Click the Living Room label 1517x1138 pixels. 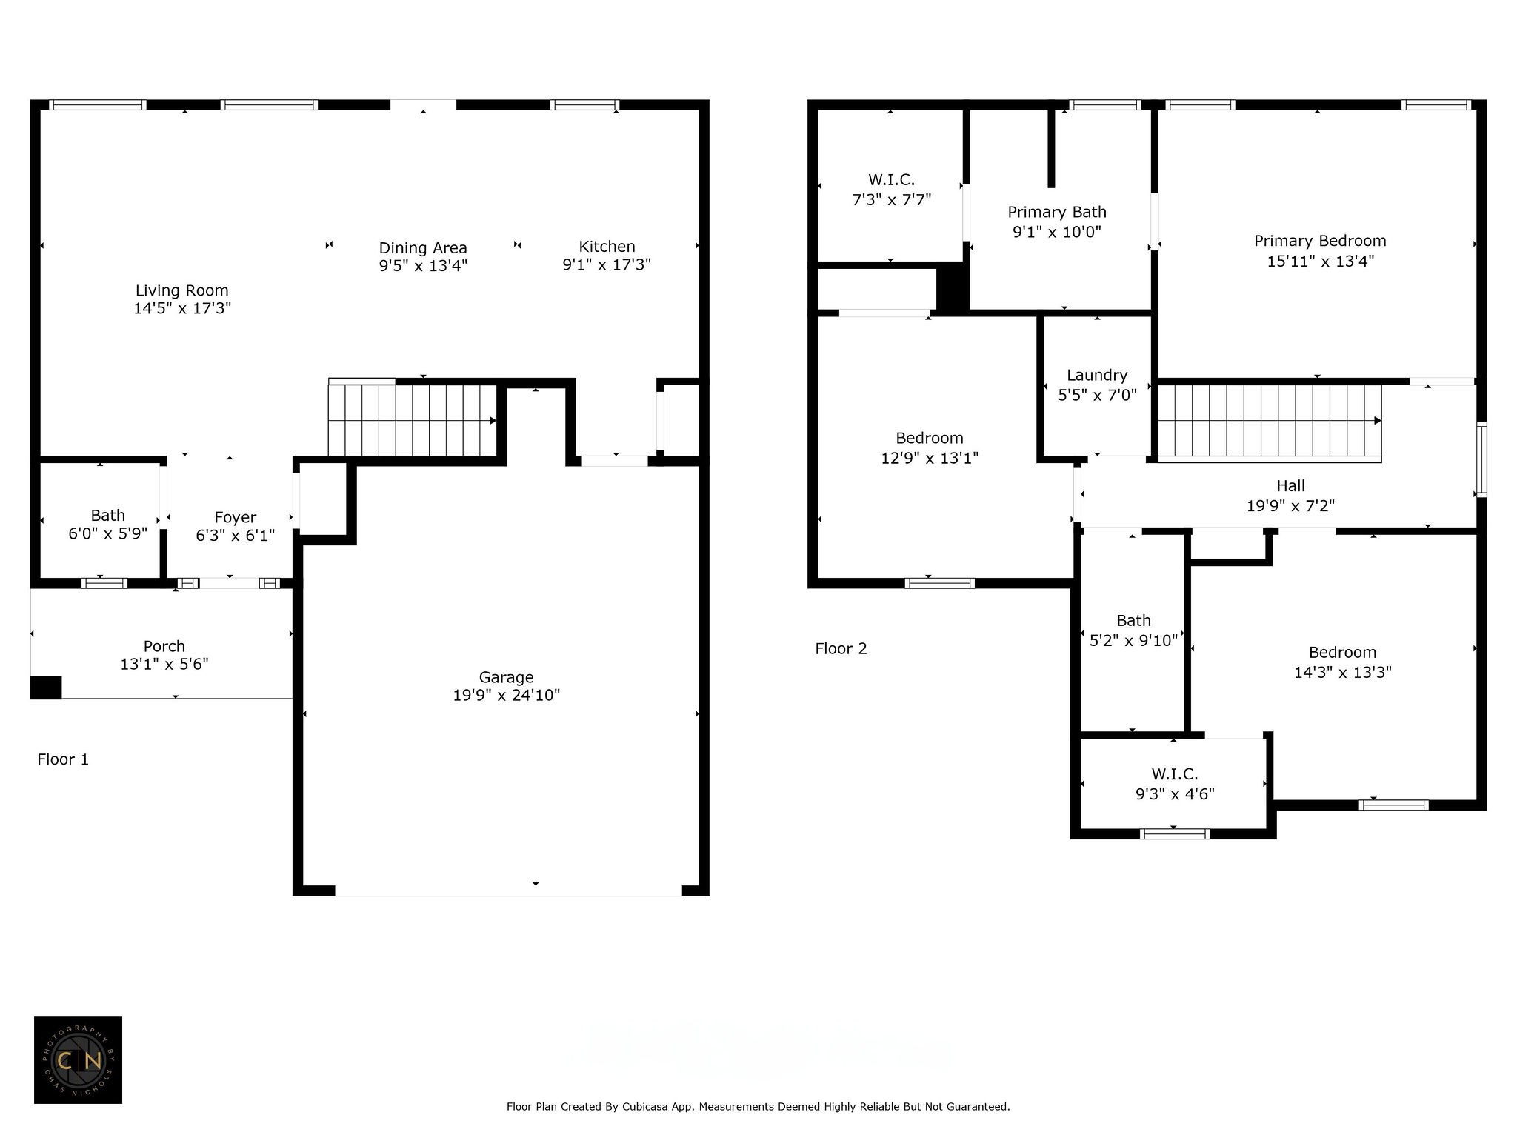[x=181, y=290]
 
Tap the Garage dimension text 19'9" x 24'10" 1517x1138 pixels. [x=507, y=695]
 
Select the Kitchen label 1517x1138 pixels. [x=607, y=247]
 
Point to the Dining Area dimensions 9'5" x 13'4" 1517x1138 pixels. [x=423, y=265]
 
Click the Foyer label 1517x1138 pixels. [x=235, y=517]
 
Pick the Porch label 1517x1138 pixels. [x=164, y=646]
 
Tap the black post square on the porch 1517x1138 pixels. [x=45, y=687]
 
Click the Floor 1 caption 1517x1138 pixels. [x=63, y=759]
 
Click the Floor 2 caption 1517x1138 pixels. [x=841, y=649]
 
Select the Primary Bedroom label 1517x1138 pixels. [x=1320, y=241]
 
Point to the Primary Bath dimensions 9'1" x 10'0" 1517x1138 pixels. [x=1057, y=232]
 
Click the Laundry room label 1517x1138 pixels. [x=1097, y=376]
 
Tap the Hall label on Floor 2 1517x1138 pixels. [x=1290, y=486]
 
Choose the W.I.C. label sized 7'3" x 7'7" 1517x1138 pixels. [x=891, y=180]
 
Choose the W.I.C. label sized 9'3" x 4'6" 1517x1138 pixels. [x=1175, y=774]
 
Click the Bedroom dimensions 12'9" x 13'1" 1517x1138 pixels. [x=930, y=458]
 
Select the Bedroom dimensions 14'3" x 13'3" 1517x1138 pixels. [x=1343, y=672]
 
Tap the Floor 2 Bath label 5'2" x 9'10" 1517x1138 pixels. [x=1133, y=621]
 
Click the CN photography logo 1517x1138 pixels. [x=78, y=1060]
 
